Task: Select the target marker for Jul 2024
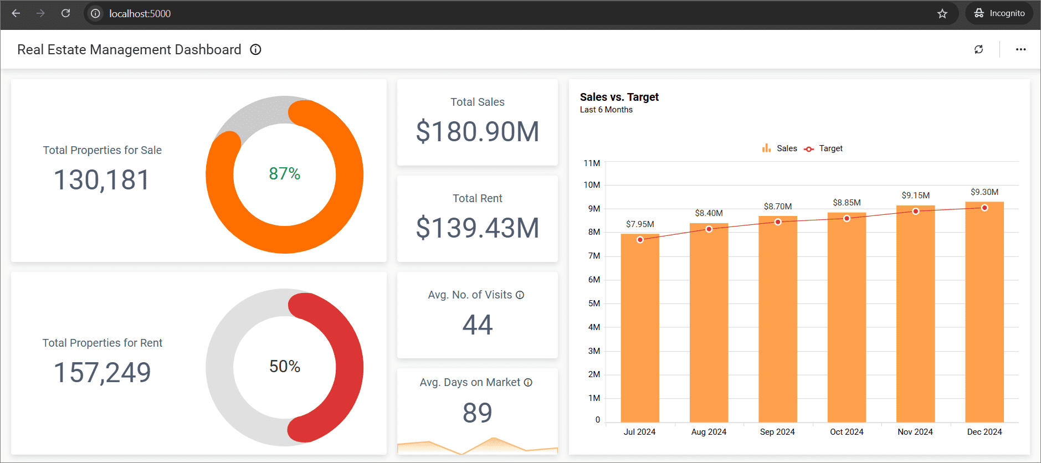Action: [x=640, y=240]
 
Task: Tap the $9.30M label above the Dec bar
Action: [x=984, y=192]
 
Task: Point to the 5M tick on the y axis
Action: [x=594, y=303]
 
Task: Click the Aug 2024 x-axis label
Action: [x=709, y=432]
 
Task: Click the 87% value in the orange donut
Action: [x=284, y=174]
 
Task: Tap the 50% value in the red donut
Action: [x=284, y=367]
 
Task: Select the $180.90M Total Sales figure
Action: [x=478, y=132]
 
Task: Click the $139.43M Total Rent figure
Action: [x=478, y=228]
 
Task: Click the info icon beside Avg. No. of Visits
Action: [x=520, y=295]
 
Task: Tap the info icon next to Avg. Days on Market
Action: [x=528, y=383]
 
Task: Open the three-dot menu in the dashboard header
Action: [x=1021, y=49]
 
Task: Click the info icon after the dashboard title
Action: [x=255, y=49]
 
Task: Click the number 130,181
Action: [x=102, y=180]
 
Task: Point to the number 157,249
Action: [x=102, y=372]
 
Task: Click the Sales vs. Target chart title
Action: [x=619, y=97]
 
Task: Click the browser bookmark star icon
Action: [x=942, y=13]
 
